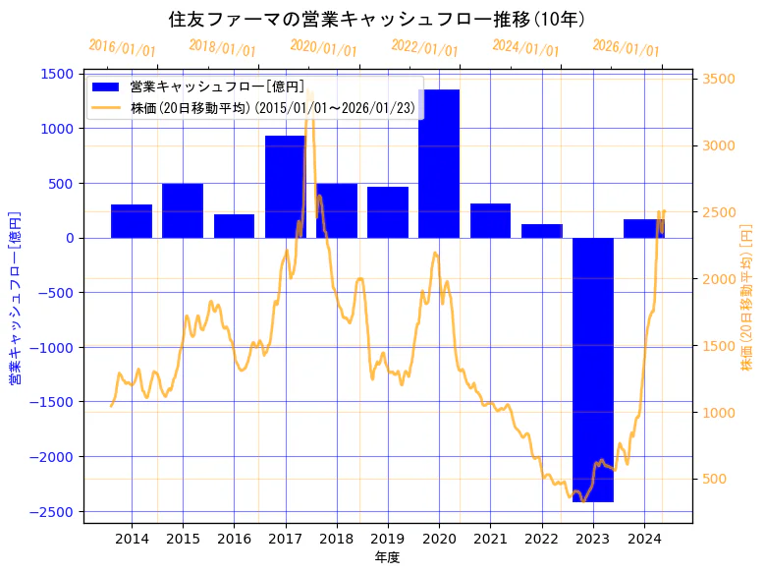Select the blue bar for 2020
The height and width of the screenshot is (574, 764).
coord(439,163)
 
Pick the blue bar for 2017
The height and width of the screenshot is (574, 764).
coord(285,187)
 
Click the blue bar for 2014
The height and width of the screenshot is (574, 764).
coord(132,221)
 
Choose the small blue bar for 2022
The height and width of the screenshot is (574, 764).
coord(542,231)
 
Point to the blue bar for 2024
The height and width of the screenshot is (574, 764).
coord(643,228)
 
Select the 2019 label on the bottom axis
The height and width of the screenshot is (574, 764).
coord(388,539)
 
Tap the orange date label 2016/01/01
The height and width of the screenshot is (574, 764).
coord(122,48)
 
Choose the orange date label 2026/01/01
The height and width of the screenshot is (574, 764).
coord(626,48)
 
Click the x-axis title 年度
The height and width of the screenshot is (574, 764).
coord(387,557)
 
